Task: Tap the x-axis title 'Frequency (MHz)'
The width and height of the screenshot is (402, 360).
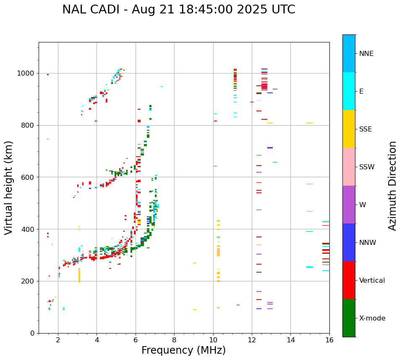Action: point(183,350)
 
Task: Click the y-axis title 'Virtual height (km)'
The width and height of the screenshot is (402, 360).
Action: point(9,187)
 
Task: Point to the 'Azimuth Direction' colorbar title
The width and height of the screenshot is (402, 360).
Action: point(392,186)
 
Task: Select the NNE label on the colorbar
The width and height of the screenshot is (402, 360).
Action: point(366,54)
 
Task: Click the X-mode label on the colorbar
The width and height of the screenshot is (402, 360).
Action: point(372,318)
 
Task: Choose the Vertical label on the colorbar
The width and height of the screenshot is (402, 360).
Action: point(372,281)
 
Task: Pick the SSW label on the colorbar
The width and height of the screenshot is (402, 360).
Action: point(367,167)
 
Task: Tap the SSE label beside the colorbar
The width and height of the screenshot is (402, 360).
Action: point(365,129)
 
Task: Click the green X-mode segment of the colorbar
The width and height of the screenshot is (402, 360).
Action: point(349,318)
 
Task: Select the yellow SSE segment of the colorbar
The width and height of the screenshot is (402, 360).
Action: point(349,129)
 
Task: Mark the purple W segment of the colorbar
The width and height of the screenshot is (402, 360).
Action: point(349,205)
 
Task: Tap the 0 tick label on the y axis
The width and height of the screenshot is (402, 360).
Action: point(32,333)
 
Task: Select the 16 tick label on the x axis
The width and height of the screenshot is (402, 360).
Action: point(329,340)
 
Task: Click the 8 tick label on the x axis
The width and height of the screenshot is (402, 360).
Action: point(174,340)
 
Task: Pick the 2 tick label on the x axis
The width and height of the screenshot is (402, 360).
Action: point(58,340)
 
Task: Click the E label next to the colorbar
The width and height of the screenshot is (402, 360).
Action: point(361,92)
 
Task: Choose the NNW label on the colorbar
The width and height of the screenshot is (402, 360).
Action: point(368,243)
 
